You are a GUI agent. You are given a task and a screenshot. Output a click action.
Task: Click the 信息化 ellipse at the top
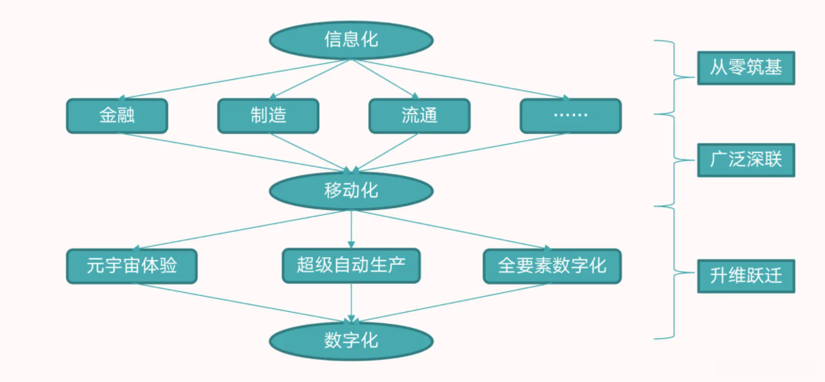click(350, 40)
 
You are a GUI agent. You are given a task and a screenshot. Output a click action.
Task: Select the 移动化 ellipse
click(350, 189)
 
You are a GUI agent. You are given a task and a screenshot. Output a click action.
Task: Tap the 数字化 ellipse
click(350, 340)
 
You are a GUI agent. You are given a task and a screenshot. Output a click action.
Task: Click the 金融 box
click(117, 116)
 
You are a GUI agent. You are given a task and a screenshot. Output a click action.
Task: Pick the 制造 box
click(268, 116)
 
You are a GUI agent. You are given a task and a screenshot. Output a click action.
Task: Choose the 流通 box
click(419, 116)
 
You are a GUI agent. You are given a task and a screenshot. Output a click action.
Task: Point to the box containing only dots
click(570, 116)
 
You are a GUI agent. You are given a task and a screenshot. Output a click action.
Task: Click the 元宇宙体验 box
click(132, 266)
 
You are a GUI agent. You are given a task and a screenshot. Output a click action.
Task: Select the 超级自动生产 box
click(350, 266)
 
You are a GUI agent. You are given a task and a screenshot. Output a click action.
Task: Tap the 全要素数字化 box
click(552, 266)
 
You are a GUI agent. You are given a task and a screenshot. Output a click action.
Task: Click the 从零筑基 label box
click(746, 68)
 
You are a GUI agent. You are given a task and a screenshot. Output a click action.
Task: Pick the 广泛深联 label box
click(746, 160)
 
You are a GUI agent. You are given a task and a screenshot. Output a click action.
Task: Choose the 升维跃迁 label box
click(746, 277)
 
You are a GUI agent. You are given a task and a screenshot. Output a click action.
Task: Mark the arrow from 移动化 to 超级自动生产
click(351, 227)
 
